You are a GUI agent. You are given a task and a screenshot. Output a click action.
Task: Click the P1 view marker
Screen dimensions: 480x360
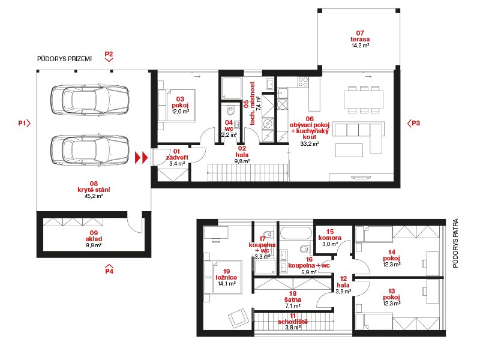coord(25,124)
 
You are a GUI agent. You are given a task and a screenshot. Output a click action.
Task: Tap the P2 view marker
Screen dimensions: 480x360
coord(109,56)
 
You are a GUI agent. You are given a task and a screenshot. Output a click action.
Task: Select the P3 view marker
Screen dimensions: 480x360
coord(413,124)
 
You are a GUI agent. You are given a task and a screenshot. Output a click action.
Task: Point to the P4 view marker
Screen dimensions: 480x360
coord(109,268)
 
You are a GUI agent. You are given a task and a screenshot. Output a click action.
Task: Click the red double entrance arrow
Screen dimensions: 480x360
coord(142,158)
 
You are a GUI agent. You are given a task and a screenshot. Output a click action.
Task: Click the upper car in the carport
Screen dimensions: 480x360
coord(89,100)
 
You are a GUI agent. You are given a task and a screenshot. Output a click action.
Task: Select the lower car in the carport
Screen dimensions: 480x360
coord(89,151)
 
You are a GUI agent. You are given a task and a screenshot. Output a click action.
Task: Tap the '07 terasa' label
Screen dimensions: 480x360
coord(360,36)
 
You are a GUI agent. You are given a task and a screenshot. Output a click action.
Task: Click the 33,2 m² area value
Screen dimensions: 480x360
coord(310,143)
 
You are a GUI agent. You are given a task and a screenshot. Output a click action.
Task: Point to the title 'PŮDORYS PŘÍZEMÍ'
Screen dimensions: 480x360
coord(64,59)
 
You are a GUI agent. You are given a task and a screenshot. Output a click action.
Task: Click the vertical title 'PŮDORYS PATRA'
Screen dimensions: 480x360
coord(455,244)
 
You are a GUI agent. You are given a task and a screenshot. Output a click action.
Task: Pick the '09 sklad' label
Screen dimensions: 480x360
coord(94,236)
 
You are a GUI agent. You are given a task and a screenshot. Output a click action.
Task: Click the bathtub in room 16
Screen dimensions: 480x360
coord(296,233)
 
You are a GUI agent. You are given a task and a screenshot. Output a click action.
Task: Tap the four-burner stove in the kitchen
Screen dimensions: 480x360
coord(303,82)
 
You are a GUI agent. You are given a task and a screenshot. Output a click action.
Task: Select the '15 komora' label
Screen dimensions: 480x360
coord(329,235)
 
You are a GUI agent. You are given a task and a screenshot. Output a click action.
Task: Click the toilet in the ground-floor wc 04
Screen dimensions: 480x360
coord(230,109)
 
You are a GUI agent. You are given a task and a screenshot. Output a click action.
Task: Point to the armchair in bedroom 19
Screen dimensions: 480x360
coord(238,317)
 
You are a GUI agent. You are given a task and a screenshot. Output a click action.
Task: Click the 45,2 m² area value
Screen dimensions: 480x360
coord(94,196)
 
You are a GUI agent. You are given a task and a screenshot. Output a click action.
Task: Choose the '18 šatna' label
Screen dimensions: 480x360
coord(293,296)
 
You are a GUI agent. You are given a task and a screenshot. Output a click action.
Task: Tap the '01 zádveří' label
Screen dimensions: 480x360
coord(177,155)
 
